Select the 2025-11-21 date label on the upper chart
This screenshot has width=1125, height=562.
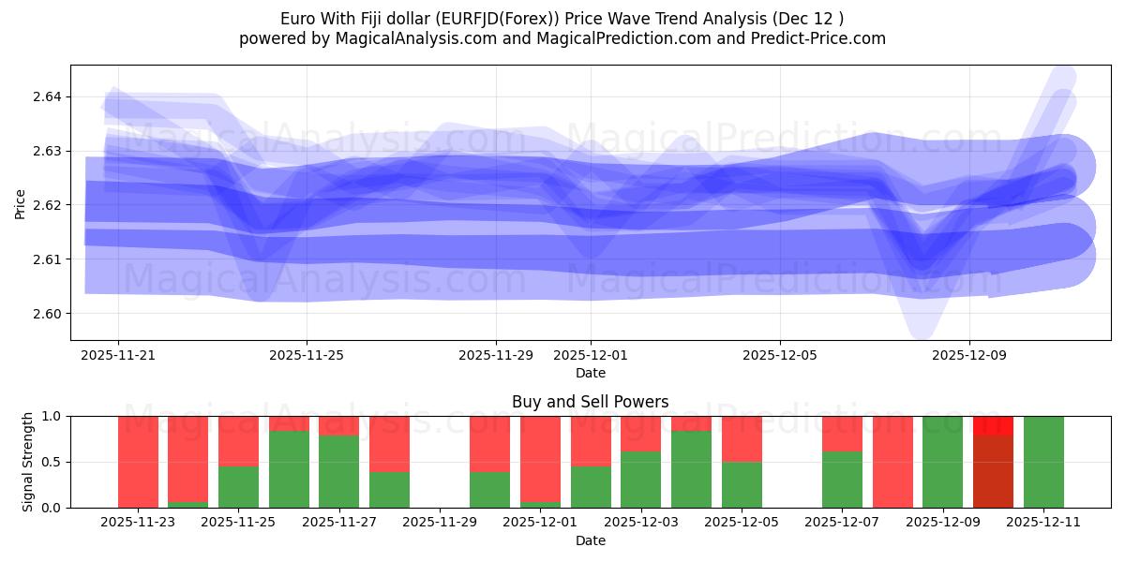coord(118,356)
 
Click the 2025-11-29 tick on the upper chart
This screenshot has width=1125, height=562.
coord(496,356)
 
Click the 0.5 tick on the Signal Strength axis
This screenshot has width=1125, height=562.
coord(52,462)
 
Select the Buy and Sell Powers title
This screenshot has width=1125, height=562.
coord(590,402)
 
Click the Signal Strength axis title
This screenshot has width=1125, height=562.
coord(28,461)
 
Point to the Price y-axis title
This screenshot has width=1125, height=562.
coord(21,202)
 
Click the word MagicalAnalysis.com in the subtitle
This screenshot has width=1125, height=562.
coord(409,38)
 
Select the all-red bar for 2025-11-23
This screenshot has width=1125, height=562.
coord(138,462)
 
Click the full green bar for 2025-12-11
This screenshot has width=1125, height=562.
coord(1043,462)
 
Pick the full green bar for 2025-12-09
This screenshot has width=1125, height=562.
coord(942,462)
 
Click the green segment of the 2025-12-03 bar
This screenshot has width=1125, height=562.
coord(640,480)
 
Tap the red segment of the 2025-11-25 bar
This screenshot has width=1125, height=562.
coord(238,440)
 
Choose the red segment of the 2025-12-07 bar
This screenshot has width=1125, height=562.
coord(842,434)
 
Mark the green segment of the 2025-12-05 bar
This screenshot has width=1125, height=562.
coord(742,484)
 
